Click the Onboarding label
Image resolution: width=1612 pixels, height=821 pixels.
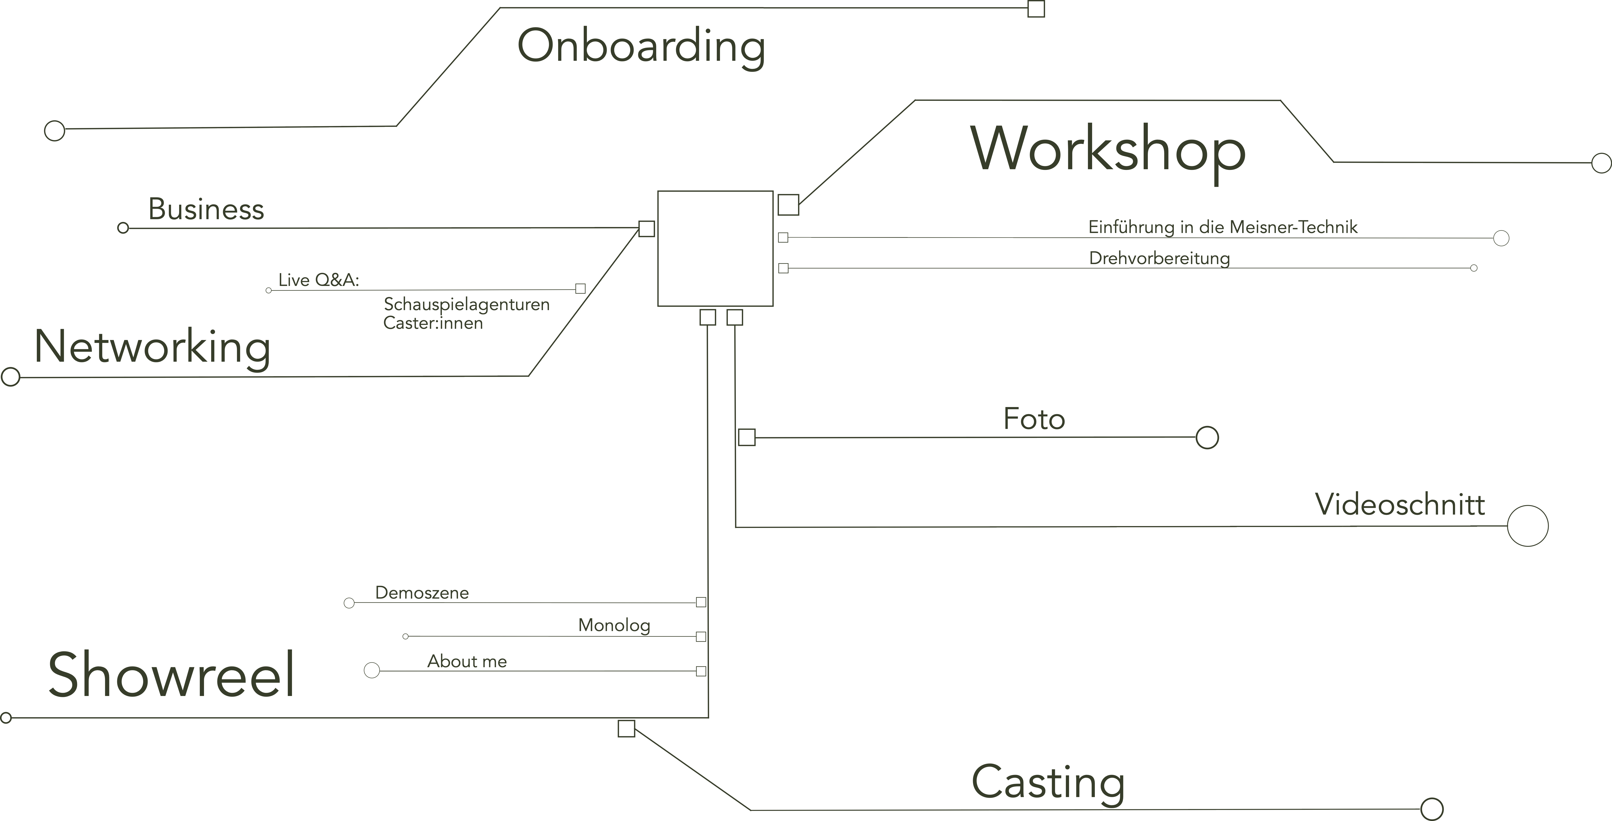click(641, 47)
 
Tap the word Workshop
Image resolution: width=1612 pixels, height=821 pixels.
click(1108, 150)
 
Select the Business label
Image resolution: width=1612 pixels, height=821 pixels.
click(206, 209)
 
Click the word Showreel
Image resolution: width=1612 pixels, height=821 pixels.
click(171, 675)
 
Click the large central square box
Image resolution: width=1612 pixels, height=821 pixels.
click(715, 248)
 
